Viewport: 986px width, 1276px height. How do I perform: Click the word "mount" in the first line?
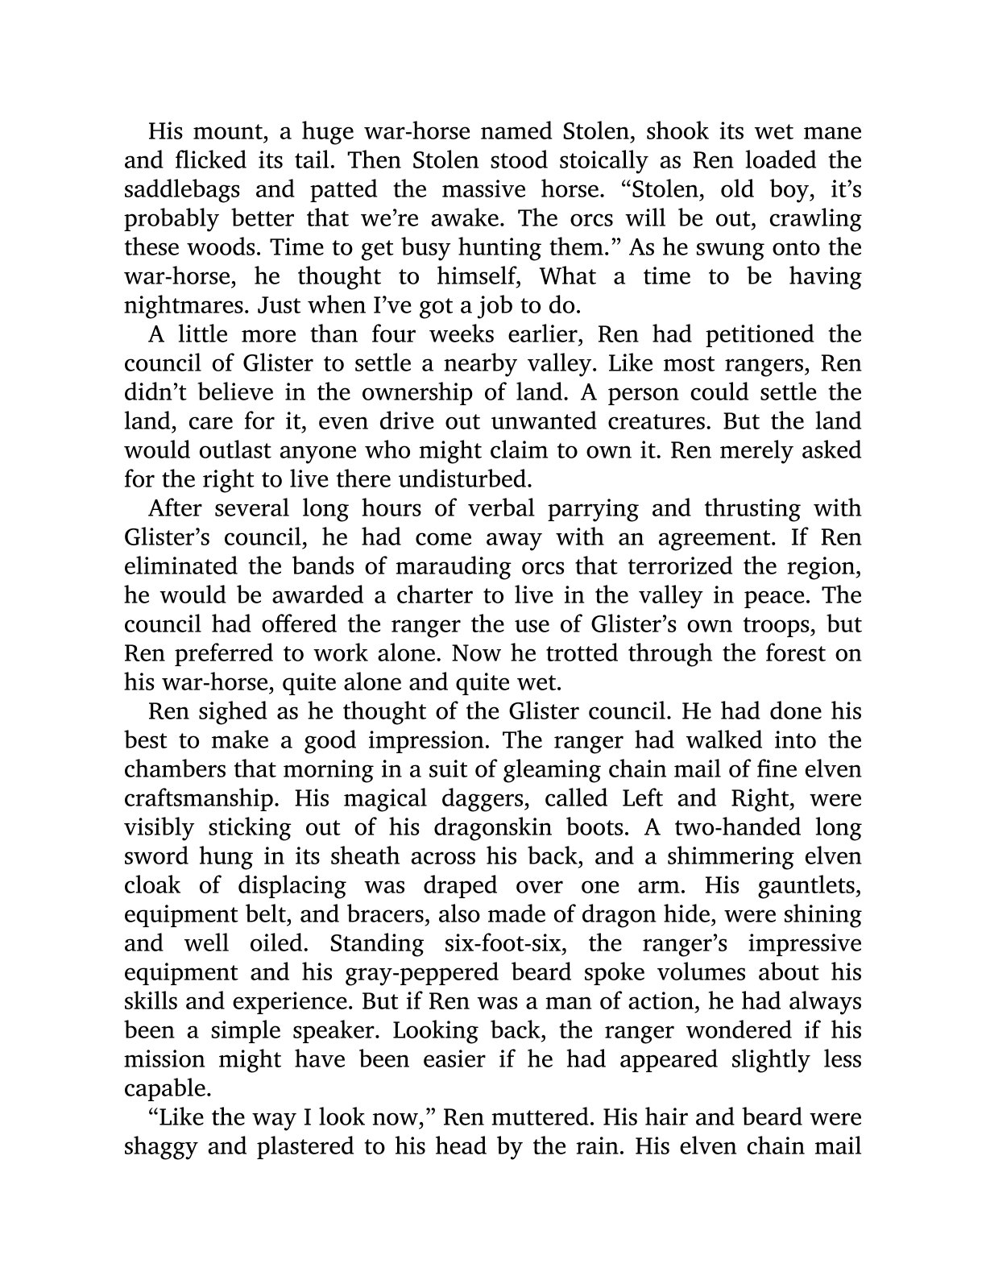[224, 131]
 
